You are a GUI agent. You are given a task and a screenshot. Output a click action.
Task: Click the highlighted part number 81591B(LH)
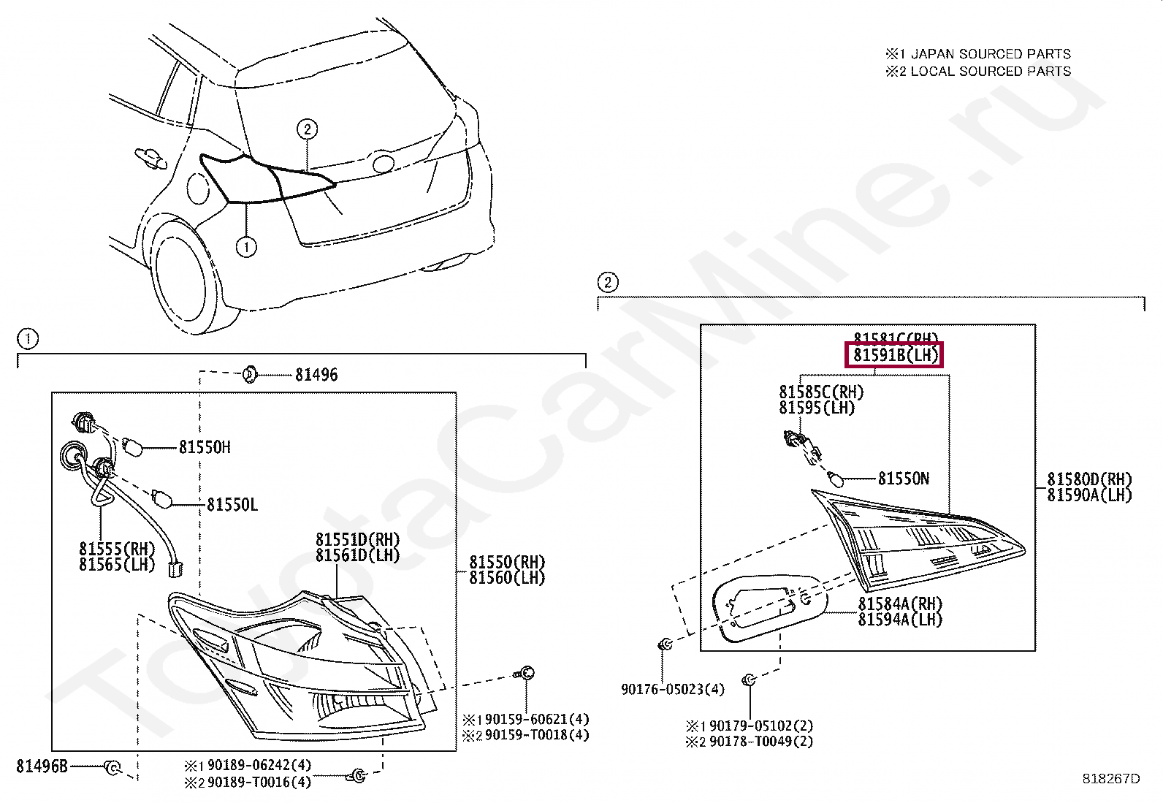pos(894,356)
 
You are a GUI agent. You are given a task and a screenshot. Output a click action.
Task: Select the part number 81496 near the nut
pos(316,375)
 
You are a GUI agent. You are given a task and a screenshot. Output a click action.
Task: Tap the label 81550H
pos(205,447)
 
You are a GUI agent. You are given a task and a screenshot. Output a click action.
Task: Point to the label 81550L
pos(232,505)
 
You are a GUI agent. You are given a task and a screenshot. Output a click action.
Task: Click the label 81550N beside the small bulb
pos(904,479)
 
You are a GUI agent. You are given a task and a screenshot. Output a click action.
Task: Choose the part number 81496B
pos(42,766)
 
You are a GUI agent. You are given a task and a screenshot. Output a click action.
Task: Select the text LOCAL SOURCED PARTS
pos(991,72)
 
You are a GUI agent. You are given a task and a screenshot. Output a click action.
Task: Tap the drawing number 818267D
pos(1111,779)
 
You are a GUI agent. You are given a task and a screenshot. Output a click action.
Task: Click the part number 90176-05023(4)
pos(673,689)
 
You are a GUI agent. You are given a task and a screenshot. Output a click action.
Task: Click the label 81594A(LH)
pos(900,620)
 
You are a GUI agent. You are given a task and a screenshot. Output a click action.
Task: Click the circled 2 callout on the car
pos(308,129)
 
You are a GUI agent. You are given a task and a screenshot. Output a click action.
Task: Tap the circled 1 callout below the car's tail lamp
pos(247,248)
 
